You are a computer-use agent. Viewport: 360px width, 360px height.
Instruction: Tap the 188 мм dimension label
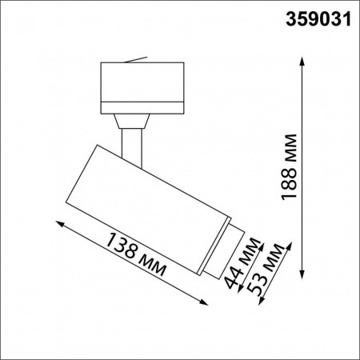(x=291, y=166)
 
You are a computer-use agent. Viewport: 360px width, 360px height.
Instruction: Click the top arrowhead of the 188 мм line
(x=302, y=61)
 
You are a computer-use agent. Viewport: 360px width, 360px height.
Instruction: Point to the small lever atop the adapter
(x=138, y=58)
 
